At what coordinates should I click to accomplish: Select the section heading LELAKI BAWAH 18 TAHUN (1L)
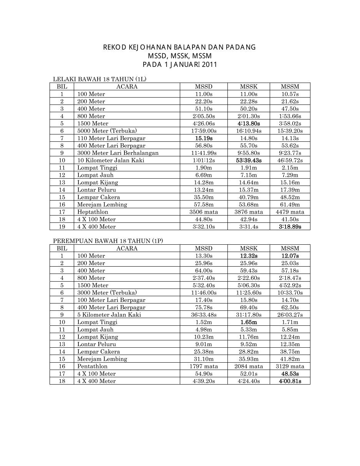point(100,80)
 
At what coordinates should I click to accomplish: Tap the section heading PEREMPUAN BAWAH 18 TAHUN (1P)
point(108,241)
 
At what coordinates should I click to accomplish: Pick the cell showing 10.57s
point(290,94)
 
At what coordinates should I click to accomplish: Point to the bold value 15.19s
point(204,138)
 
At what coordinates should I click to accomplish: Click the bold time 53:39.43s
point(249,160)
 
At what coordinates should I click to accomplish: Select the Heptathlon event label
point(93,212)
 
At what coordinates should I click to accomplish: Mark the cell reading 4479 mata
point(290,212)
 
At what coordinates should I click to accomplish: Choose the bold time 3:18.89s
point(290,227)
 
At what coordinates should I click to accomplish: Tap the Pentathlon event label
point(93,366)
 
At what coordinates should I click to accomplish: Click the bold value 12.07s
point(290,256)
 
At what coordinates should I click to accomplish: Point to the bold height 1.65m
point(249,322)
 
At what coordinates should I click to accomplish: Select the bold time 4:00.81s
point(290,381)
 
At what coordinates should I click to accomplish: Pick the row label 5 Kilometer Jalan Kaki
point(109,315)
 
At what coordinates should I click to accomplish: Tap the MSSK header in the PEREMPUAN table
point(249,249)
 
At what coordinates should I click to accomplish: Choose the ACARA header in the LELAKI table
point(127,87)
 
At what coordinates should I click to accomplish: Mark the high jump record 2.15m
point(290,167)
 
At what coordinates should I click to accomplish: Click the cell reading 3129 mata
point(290,366)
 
